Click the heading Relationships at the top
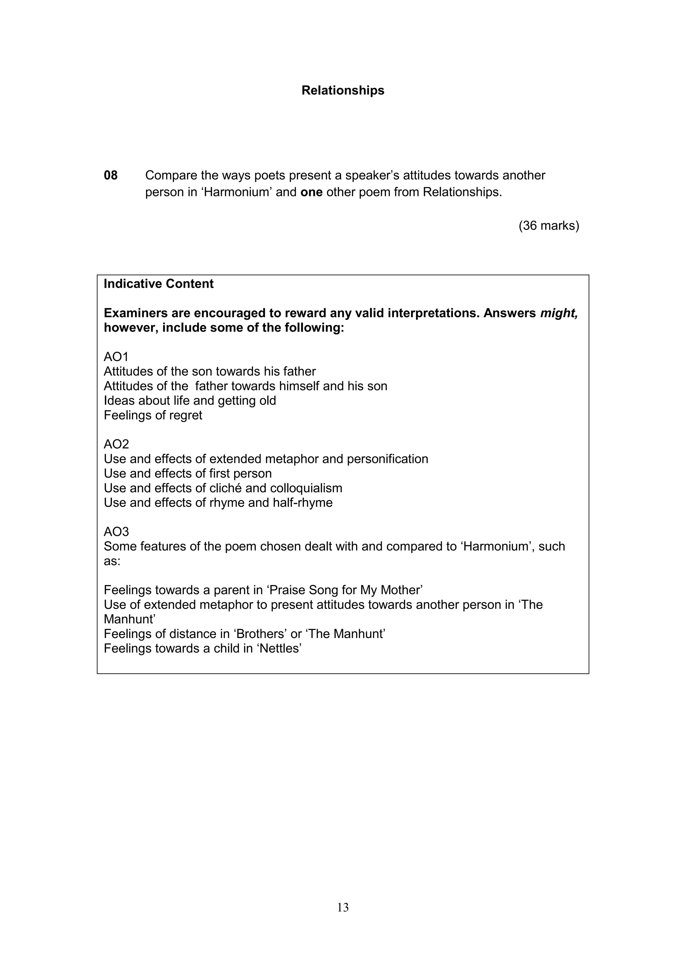coord(343,90)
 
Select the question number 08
coord(111,175)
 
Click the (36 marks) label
coord(549,226)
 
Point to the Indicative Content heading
coord(158,284)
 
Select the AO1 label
coord(116,357)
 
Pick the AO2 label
coord(116,444)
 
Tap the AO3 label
coord(116,532)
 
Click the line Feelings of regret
coord(153,415)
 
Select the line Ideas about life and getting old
coord(190,401)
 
